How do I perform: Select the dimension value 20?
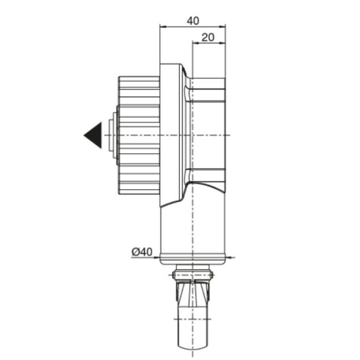(x=208, y=37)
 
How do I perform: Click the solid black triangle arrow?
(x=93, y=135)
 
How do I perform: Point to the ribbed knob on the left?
(x=139, y=135)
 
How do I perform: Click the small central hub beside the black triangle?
(x=113, y=135)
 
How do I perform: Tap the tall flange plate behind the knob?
(x=170, y=135)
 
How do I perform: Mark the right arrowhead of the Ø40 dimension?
(x=228, y=257)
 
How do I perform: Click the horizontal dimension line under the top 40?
(x=193, y=26)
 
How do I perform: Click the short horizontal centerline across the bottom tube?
(x=193, y=319)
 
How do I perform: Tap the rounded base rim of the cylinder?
(x=193, y=261)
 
